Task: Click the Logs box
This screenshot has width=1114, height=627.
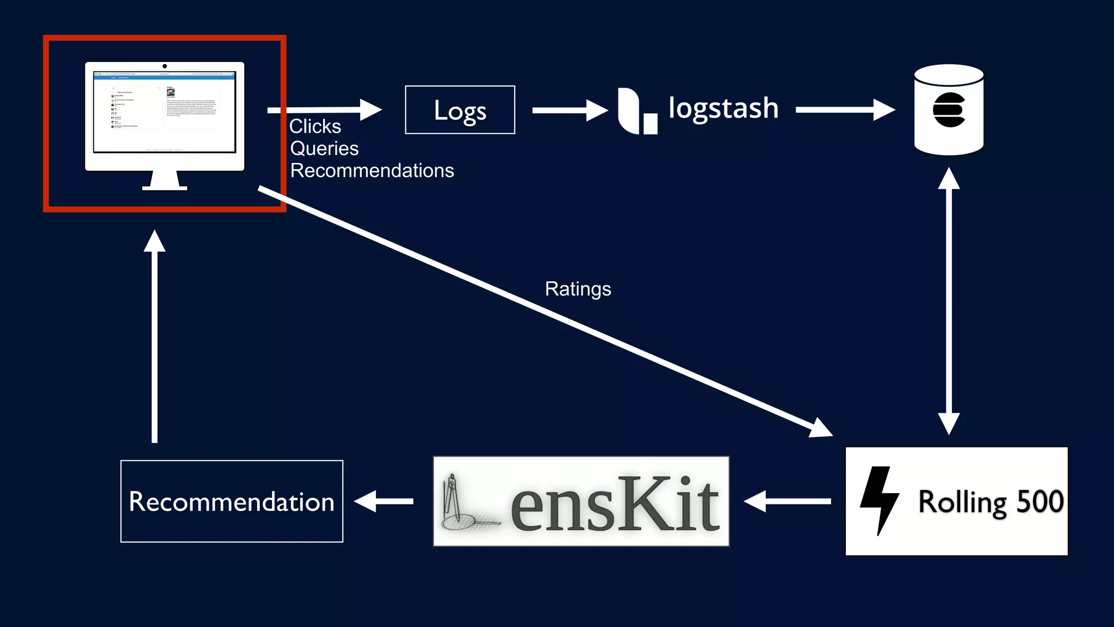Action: click(460, 110)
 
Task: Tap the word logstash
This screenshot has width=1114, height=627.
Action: click(723, 108)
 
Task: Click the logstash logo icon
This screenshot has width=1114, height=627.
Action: click(636, 111)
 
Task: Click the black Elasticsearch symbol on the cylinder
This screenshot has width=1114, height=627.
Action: click(949, 110)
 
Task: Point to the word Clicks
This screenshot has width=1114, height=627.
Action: click(315, 126)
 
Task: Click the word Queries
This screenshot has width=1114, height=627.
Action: click(324, 149)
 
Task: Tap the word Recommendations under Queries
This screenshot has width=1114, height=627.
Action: click(372, 171)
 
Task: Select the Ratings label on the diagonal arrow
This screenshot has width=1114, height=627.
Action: click(578, 289)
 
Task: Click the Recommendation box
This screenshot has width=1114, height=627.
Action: click(232, 501)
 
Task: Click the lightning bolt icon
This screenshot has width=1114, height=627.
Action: click(879, 500)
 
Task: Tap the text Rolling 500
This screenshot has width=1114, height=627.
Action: click(991, 501)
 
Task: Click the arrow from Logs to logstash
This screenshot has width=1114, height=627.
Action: click(568, 110)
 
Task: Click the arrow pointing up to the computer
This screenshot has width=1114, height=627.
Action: click(154, 337)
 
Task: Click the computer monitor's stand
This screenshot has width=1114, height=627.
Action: click(165, 181)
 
